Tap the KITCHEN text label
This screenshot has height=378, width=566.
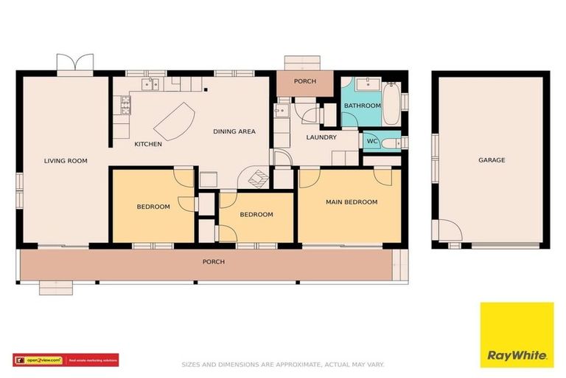click(148, 144)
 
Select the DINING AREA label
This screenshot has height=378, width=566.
click(234, 131)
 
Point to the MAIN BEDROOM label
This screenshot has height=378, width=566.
click(352, 202)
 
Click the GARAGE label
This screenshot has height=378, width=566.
click(492, 160)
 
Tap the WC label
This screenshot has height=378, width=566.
click(372, 140)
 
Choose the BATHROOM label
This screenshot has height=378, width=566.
click(362, 106)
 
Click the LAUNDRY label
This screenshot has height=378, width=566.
click(321, 137)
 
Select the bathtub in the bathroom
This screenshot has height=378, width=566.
click(391, 104)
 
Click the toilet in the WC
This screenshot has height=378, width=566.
click(392, 140)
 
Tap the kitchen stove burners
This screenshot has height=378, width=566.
click(125, 106)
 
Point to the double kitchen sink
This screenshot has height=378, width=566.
click(150, 84)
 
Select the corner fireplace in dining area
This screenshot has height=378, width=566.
click(256, 177)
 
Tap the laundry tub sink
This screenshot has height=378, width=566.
click(280, 111)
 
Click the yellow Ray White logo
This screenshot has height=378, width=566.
click(517, 334)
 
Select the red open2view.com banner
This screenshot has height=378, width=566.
click(66, 360)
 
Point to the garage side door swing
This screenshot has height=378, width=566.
click(448, 231)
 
